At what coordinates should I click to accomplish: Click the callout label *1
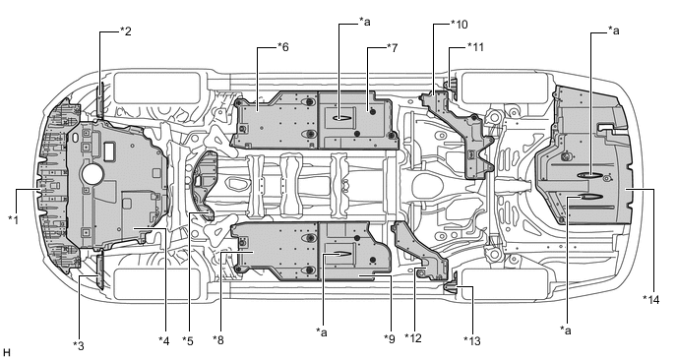pyautogui.click(x=14, y=219)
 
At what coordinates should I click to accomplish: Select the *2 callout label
pyautogui.click(x=125, y=31)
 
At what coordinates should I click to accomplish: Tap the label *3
pyautogui.click(x=78, y=345)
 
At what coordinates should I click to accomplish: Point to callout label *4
pyautogui.click(x=164, y=341)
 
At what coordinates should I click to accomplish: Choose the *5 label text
pyautogui.click(x=187, y=341)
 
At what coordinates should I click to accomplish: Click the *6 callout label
pyautogui.click(x=282, y=46)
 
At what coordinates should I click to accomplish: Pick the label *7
pyautogui.click(x=392, y=47)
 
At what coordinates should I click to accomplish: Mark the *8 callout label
pyautogui.click(x=218, y=340)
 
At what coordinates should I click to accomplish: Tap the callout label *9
pyautogui.click(x=390, y=339)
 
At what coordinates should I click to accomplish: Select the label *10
pyautogui.click(x=459, y=25)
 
